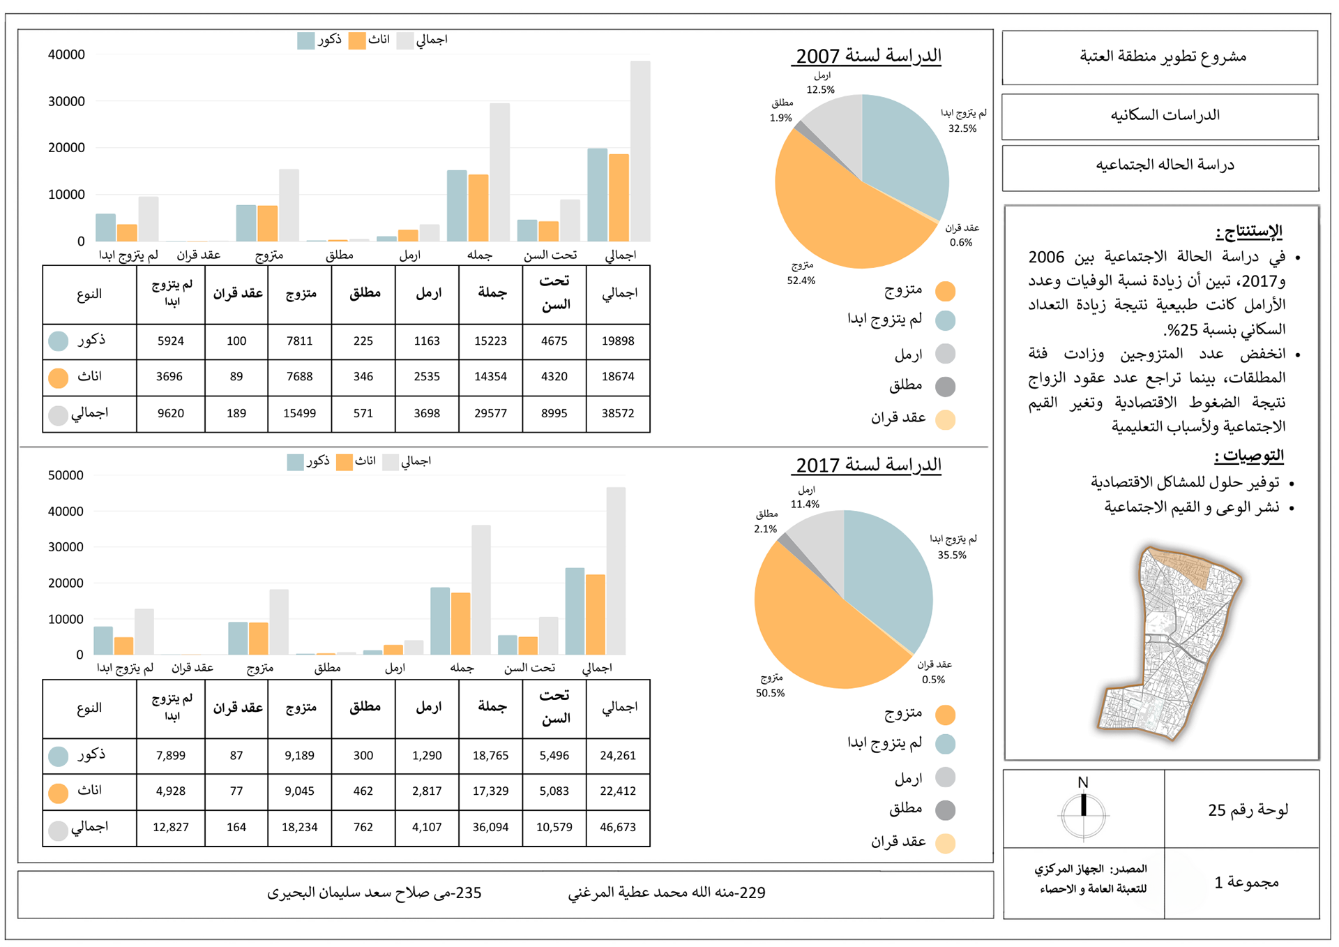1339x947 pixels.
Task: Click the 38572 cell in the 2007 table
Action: (x=618, y=413)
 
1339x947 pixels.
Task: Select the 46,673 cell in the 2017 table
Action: (x=618, y=827)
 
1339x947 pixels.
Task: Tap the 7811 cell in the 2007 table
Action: (x=299, y=341)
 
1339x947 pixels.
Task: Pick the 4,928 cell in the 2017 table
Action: (x=170, y=791)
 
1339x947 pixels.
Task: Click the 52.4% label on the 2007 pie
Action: (x=801, y=281)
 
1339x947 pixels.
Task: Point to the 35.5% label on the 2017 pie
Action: (x=951, y=555)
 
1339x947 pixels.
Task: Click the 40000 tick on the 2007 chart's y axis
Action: (x=66, y=54)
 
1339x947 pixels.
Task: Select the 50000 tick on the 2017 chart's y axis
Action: (x=66, y=475)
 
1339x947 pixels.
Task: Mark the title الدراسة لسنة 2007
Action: (x=868, y=56)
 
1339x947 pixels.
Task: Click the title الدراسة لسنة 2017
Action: (x=868, y=465)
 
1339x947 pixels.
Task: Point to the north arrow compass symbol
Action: (x=1083, y=813)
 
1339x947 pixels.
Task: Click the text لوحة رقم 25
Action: (x=1248, y=810)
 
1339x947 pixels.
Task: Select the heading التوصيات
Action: (x=1249, y=456)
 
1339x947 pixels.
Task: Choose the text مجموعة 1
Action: (x=1246, y=883)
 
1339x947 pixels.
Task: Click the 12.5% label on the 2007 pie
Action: (x=820, y=90)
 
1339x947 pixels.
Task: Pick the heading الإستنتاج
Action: (x=1249, y=231)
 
